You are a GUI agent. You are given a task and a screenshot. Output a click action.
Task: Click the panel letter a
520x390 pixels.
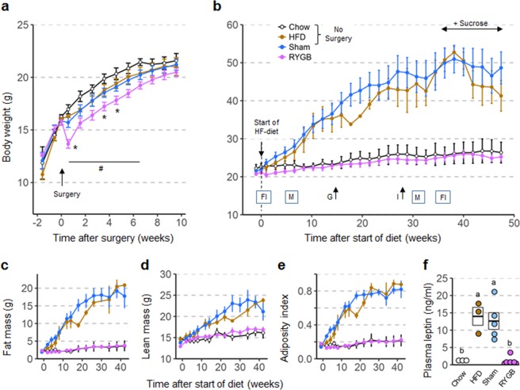pos(8,8)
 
